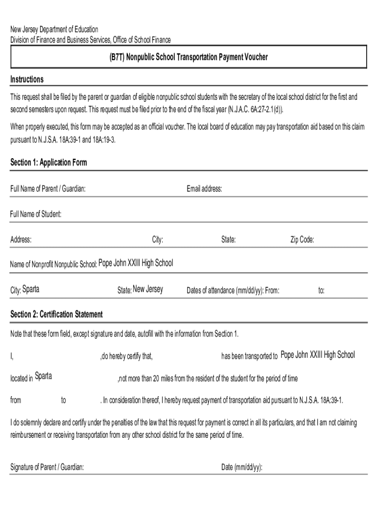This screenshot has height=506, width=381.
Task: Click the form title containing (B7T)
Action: pyautogui.click(x=189, y=57)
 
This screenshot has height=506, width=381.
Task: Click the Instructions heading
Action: pyautogui.click(x=27, y=80)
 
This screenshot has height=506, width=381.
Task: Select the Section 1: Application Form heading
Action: pyautogui.click(x=48, y=163)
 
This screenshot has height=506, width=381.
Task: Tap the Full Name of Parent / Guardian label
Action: pyautogui.click(x=48, y=189)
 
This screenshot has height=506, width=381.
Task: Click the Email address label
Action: pyautogui.click(x=204, y=189)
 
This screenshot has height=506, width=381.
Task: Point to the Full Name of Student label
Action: pyautogui.click(x=36, y=214)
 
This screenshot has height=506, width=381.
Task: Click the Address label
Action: pyautogui.click(x=21, y=240)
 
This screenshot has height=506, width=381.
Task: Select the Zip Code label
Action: pyautogui.click(x=302, y=240)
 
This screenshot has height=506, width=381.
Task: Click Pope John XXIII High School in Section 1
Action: pyautogui.click(x=136, y=263)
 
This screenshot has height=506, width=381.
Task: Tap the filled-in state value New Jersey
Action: pyautogui.click(x=148, y=290)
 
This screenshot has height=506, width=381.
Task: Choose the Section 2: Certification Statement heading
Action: pyautogui.click(x=56, y=314)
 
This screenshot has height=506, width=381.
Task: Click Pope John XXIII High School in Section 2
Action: pyautogui.click(x=318, y=355)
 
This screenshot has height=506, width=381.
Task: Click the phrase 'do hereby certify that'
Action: pyautogui.click(x=127, y=356)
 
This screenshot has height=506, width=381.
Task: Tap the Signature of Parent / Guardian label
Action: pyautogui.click(x=47, y=467)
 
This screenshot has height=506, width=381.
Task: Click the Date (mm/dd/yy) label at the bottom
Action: pyautogui.click(x=241, y=467)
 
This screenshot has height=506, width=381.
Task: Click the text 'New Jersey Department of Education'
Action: pyautogui.click(x=54, y=30)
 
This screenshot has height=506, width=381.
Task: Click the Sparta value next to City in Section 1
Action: pyautogui.click(x=31, y=290)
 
